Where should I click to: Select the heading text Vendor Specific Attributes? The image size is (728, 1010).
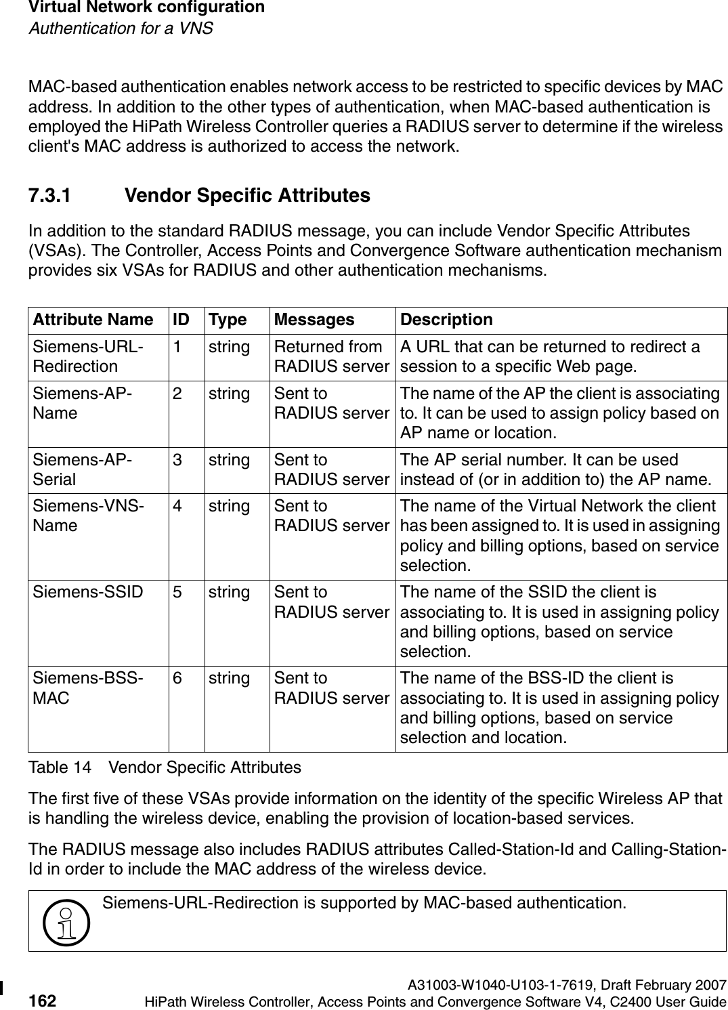click(247, 196)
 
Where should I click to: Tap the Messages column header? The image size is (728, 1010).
click(314, 319)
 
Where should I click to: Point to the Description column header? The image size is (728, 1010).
click(446, 319)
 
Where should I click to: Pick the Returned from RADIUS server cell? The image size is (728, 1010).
click(331, 356)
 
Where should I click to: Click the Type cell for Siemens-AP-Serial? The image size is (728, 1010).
click(229, 460)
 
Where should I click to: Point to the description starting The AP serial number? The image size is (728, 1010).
click(555, 469)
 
